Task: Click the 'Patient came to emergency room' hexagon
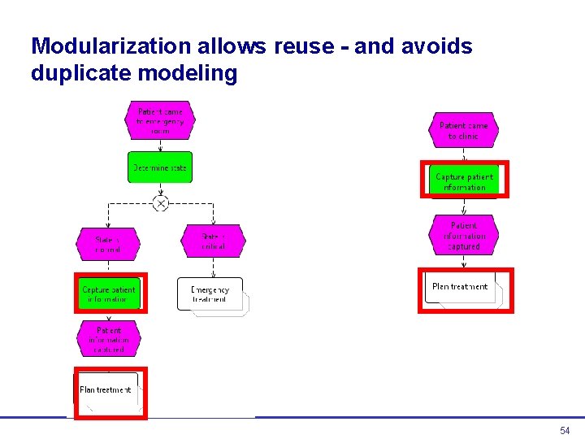(160, 121)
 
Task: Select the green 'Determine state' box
(160, 167)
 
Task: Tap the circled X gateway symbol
(161, 203)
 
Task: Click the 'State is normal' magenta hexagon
(107, 244)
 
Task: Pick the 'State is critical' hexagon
(212, 241)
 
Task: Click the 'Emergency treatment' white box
(210, 294)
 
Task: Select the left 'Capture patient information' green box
(109, 293)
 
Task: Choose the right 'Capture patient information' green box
(464, 181)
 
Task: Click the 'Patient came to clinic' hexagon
(463, 130)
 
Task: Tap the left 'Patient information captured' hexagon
(109, 339)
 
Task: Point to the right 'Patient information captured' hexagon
(464, 236)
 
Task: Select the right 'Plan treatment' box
(461, 288)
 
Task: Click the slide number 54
(565, 430)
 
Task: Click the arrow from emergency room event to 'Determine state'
(160, 145)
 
